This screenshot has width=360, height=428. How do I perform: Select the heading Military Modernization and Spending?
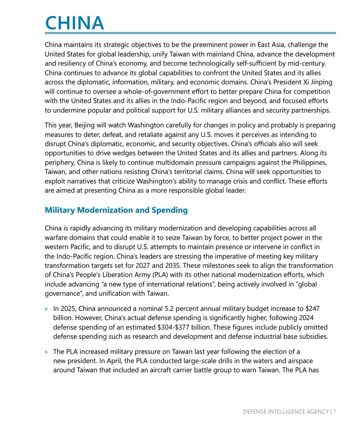click(116, 210)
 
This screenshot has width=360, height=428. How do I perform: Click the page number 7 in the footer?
click(335, 412)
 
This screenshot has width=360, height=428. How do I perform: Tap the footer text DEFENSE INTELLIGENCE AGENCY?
click(286, 412)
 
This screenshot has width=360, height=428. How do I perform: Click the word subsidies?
click(314, 336)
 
